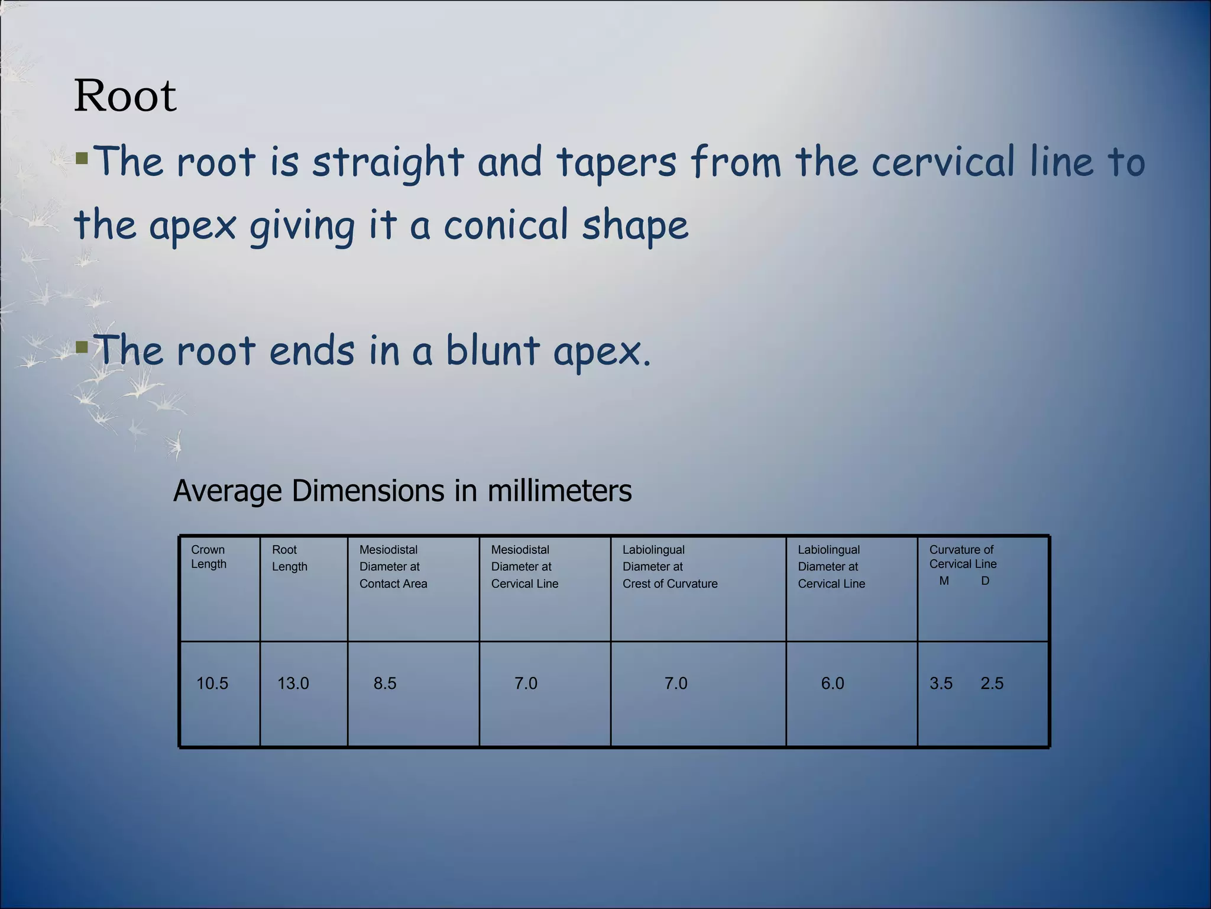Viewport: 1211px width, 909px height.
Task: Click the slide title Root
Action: pyautogui.click(x=125, y=96)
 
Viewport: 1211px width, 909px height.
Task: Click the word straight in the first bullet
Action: pyautogui.click(x=388, y=163)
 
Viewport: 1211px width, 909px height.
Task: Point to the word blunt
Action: pyautogui.click(x=492, y=350)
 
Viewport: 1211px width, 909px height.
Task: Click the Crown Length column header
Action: pyautogui.click(x=208, y=557)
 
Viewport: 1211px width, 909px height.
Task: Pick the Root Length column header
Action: pyautogui.click(x=289, y=558)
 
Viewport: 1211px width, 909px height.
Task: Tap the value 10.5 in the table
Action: pyautogui.click(x=212, y=684)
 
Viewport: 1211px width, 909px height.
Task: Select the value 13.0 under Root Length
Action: pyautogui.click(x=293, y=684)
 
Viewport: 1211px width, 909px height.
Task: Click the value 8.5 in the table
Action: pyautogui.click(x=385, y=684)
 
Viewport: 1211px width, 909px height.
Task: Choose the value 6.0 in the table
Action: pyautogui.click(x=833, y=684)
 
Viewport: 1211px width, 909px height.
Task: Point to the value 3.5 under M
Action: pyautogui.click(x=941, y=684)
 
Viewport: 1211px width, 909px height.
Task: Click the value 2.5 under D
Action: pyautogui.click(x=992, y=684)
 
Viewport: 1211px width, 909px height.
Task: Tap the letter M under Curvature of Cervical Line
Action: pyautogui.click(x=944, y=581)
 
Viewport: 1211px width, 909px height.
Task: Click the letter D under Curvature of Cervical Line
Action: pyautogui.click(x=985, y=581)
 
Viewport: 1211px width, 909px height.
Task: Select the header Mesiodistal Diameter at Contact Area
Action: pyautogui.click(x=393, y=566)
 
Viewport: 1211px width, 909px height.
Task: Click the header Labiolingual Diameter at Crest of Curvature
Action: pyautogui.click(x=669, y=566)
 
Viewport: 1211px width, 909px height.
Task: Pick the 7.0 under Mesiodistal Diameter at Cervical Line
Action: pyautogui.click(x=526, y=684)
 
